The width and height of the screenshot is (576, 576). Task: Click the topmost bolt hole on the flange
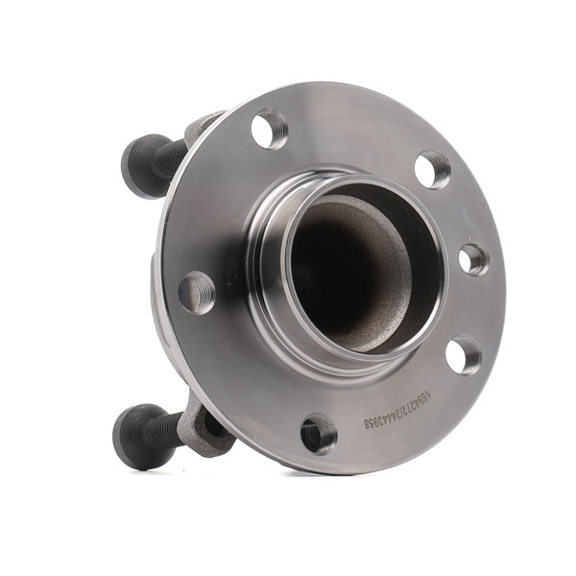coord(270,128)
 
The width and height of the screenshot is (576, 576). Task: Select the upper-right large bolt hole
coord(432,169)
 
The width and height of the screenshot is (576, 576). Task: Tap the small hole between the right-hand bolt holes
coord(472,259)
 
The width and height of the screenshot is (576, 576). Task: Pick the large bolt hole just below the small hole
coord(464,355)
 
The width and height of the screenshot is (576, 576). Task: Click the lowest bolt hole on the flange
coord(318,434)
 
